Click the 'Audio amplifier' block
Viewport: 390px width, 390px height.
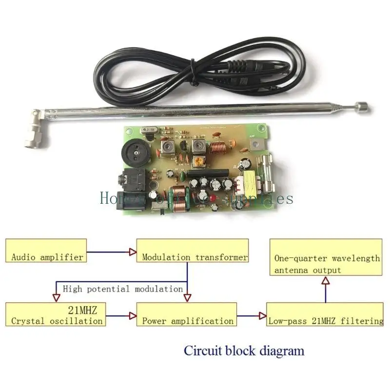[x=46, y=251]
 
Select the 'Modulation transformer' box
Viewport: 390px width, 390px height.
[x=192, y=251]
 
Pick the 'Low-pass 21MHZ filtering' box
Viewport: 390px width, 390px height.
[x=325, y=314]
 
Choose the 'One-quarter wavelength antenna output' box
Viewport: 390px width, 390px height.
[x=326, y=257]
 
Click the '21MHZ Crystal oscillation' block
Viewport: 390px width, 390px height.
[x=57, y=314]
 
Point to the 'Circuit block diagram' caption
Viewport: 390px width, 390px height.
[x=244, y=350]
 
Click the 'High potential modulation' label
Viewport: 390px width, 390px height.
[x=122, y=289]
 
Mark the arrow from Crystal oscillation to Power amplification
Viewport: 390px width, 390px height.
[x=120, y=315]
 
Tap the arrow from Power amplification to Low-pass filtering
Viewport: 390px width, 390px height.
[x=252, y=315]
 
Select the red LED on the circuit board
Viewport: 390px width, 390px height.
[x=213, y=198]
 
